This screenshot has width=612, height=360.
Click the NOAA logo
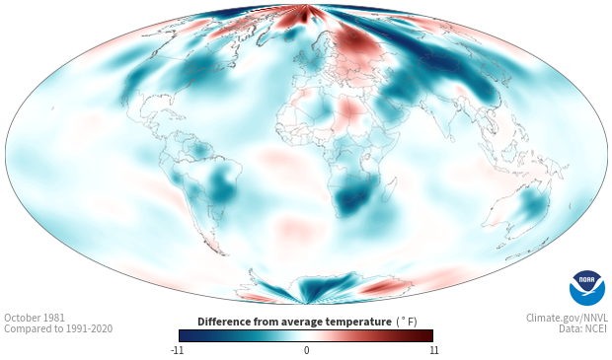pos(587,288)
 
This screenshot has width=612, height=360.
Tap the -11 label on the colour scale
pos(178,350)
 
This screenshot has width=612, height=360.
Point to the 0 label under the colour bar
pos(306,350)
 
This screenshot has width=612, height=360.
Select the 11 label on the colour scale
pos(434,350)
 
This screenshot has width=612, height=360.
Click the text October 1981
pos(35,318)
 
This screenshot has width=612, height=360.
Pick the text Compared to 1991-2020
pos(58,329)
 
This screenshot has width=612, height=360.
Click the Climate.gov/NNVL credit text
pos(567,318)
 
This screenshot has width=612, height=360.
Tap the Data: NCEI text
pos(583,329)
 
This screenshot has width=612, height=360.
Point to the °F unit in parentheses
pos(407,323)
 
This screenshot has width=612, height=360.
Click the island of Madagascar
pos(390,188)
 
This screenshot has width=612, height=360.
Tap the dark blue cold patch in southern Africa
pos(354,196)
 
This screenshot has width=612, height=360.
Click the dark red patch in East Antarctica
pos(381,288)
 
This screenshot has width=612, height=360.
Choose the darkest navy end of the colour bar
pos(184,335)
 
